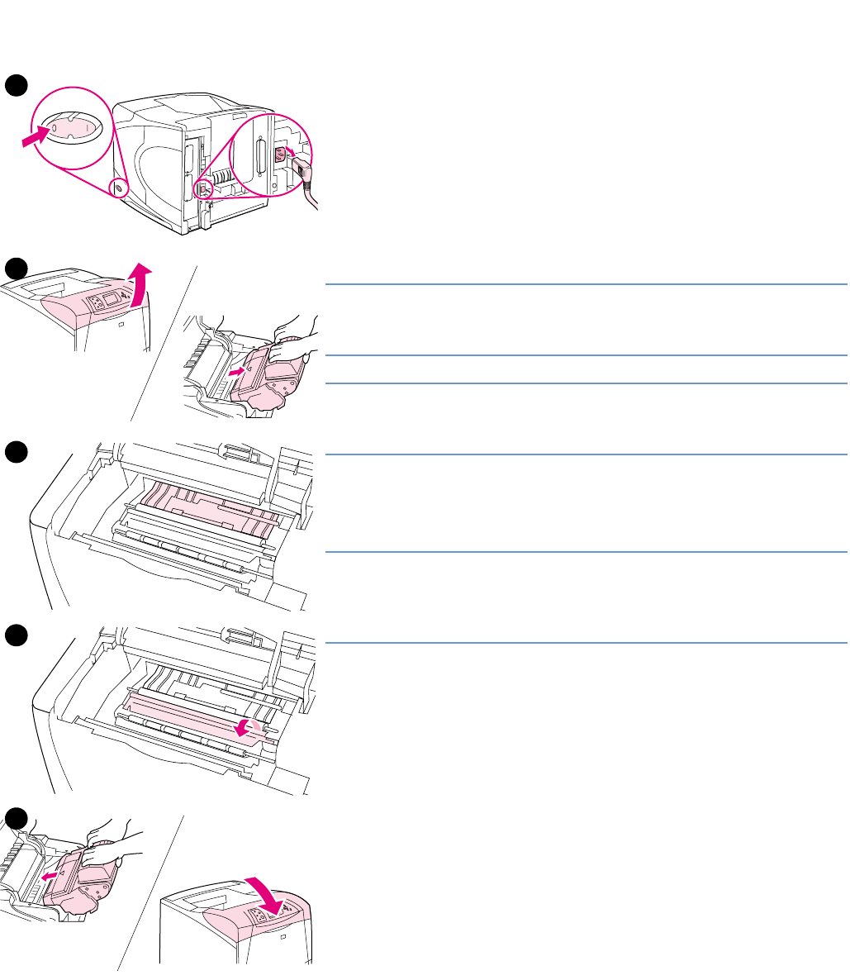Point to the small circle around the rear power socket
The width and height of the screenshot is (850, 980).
[x=202, y=189]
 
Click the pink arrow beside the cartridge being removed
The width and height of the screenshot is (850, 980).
[x=236, y=373]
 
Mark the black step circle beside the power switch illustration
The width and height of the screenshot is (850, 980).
[x=16, y=85]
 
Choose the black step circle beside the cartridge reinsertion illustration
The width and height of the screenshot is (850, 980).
[x=16, y=818]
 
